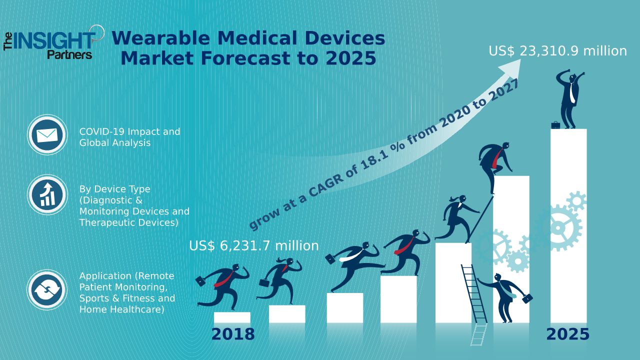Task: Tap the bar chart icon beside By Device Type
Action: [47, 195]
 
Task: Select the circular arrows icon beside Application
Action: [47, 290]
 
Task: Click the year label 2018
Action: [232, 334]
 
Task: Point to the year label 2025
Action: [567, 334]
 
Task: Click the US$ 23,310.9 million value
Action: [557, 51]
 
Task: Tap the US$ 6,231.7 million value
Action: [253, 246]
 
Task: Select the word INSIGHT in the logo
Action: [55, 41]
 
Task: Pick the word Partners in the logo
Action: [69, 54]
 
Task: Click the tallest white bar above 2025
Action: [568, 225]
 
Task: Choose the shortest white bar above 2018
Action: [232, 317]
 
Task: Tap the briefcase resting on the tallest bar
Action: [555, 125]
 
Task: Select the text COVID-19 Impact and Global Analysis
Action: [129, 137]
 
